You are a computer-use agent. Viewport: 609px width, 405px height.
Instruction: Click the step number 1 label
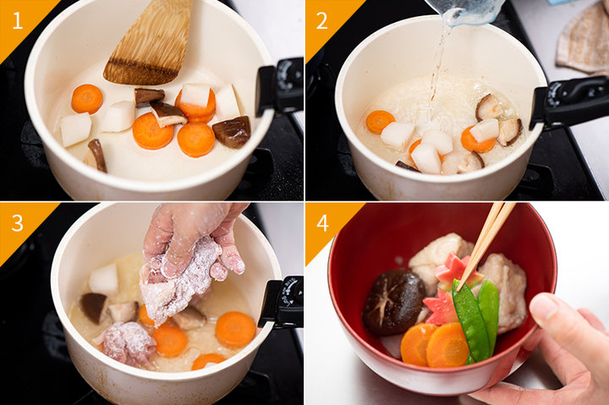18,20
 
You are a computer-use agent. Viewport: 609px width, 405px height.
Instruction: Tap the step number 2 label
321,20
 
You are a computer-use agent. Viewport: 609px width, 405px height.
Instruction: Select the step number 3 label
18,223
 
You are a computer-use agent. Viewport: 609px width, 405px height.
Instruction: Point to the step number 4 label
322,223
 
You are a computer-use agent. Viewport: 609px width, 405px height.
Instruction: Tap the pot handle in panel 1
280,86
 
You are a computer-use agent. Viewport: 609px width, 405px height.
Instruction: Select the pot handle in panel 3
282,302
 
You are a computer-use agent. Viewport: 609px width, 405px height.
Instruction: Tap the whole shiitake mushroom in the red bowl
394,302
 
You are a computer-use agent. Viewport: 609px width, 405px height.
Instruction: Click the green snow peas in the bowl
476,320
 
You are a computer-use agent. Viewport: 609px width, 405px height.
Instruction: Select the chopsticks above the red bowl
486,244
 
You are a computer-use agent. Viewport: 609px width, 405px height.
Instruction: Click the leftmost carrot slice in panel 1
87,99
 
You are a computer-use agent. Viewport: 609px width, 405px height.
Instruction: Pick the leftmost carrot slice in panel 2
380,121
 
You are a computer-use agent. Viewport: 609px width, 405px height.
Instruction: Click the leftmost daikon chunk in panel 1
75,129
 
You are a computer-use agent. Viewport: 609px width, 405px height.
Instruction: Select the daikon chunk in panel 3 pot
103,279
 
